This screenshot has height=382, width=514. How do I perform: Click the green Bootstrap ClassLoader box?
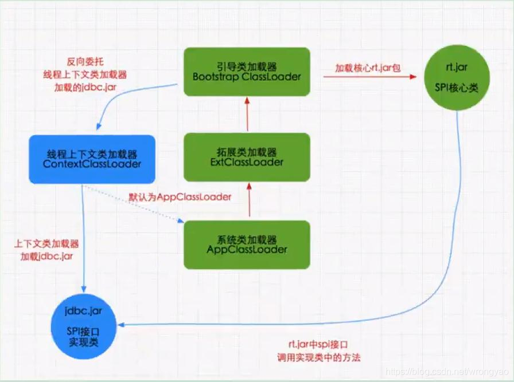(247, 72)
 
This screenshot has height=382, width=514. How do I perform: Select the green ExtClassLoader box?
(247, 157)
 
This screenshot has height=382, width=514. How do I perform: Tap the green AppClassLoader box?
(247, 245)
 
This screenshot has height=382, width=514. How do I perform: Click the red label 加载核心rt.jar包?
(368, 68)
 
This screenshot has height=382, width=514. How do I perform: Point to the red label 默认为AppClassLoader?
(180, 196)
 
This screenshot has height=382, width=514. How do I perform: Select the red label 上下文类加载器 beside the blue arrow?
(46, 244)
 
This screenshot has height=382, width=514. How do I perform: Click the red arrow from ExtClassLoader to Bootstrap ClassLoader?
(247, 114)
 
